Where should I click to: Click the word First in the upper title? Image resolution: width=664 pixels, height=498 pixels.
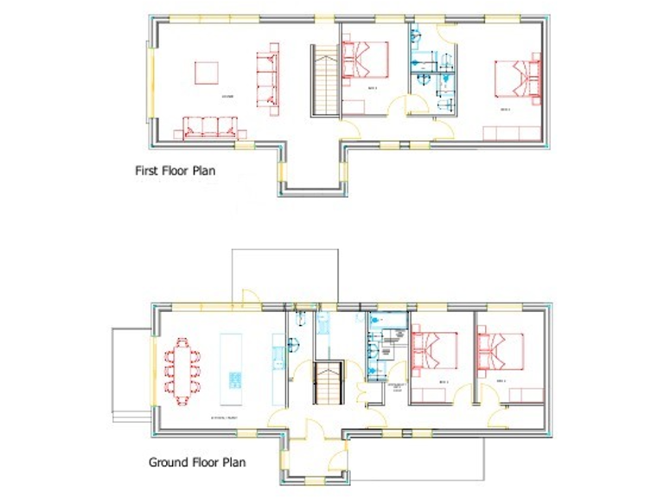tap(146, 171)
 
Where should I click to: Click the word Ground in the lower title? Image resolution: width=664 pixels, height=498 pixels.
tap(164, 463)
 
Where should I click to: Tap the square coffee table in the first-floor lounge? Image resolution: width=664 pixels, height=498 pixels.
tap(206, 72)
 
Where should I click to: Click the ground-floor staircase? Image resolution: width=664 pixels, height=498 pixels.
tap(329, 386)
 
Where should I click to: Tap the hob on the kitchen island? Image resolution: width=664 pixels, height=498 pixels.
tap(234, 381)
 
